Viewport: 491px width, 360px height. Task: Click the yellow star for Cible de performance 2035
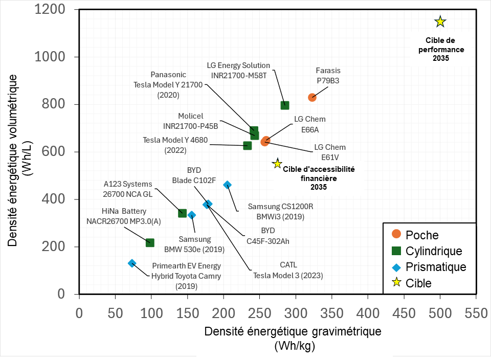[440, 21]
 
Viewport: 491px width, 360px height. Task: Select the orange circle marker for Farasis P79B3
[312, 97]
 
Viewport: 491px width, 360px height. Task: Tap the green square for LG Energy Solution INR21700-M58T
[285, 105]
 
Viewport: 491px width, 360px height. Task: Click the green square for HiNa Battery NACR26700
[150, 242]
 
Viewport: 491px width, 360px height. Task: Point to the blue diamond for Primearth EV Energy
[132, 263]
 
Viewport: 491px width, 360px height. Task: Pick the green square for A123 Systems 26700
[182, 213]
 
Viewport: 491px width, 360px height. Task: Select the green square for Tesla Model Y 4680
[248, 145]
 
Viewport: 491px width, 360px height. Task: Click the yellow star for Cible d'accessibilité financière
[277, 164]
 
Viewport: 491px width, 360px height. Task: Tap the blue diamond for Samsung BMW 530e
[192, 215]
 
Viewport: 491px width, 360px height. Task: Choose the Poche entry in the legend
[422, 235]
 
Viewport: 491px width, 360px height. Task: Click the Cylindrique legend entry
[433, 251]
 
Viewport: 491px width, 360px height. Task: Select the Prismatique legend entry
[435, 267]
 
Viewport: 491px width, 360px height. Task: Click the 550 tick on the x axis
[476, 312]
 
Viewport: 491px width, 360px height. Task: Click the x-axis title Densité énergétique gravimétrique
[293, 331]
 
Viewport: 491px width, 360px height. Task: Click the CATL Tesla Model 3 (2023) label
[288, 270]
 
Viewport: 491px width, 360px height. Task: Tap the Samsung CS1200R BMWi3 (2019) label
[280, 211]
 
